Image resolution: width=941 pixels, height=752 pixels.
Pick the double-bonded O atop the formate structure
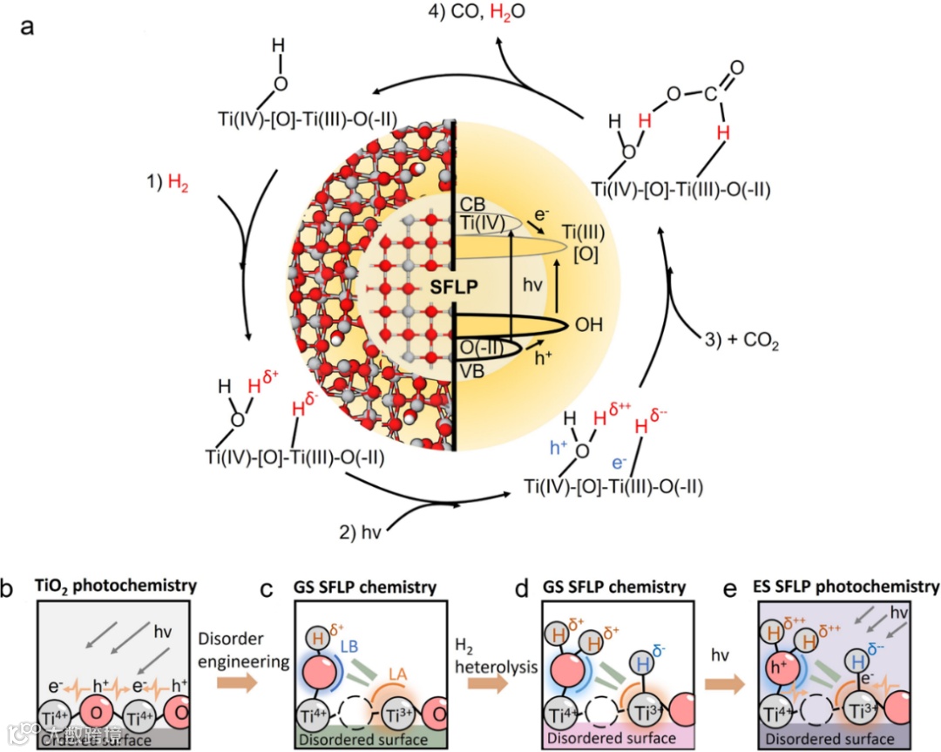coord(737,69)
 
